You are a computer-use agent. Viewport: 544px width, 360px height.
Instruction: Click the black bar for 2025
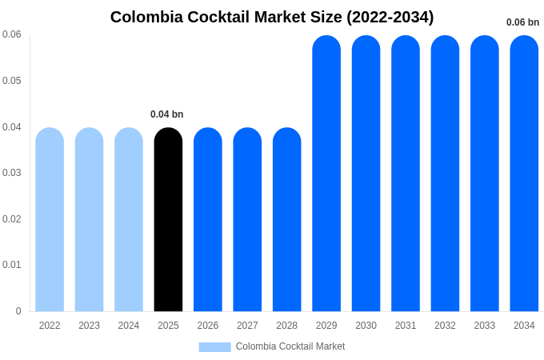click(x=168, y=220)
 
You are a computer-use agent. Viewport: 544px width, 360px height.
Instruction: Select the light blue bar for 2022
click(x=50, y=220)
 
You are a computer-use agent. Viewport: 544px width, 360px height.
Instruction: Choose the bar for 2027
click(x=247, y=220)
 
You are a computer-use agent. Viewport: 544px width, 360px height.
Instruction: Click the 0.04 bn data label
click(x=167, y=114)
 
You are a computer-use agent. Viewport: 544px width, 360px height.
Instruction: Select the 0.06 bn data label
click(x=522, y=22)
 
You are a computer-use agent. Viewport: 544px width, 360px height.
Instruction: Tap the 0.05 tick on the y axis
click(x=12, y=81)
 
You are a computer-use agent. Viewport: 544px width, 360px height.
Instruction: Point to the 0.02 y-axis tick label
click(x=12, y=219)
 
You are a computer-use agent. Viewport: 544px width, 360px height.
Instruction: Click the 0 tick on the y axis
click(x=18, y=311)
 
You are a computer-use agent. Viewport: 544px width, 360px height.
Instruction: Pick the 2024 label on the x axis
click(x=129, y=326)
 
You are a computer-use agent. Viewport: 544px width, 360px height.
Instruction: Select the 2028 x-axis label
click(x=286, y=326)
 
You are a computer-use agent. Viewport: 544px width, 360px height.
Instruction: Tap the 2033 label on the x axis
click(x=485, y=326)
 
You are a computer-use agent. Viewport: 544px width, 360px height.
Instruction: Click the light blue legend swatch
click(x=214, y=347)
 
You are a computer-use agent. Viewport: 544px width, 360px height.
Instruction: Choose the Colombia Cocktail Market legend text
click(x=290, y=346)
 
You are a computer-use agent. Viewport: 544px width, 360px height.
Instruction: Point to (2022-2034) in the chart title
click(x=390, y=17)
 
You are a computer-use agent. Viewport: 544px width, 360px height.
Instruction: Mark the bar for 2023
click(x=89, y=220)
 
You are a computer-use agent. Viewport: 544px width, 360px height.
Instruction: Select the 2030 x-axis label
click(x=366, y=326)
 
